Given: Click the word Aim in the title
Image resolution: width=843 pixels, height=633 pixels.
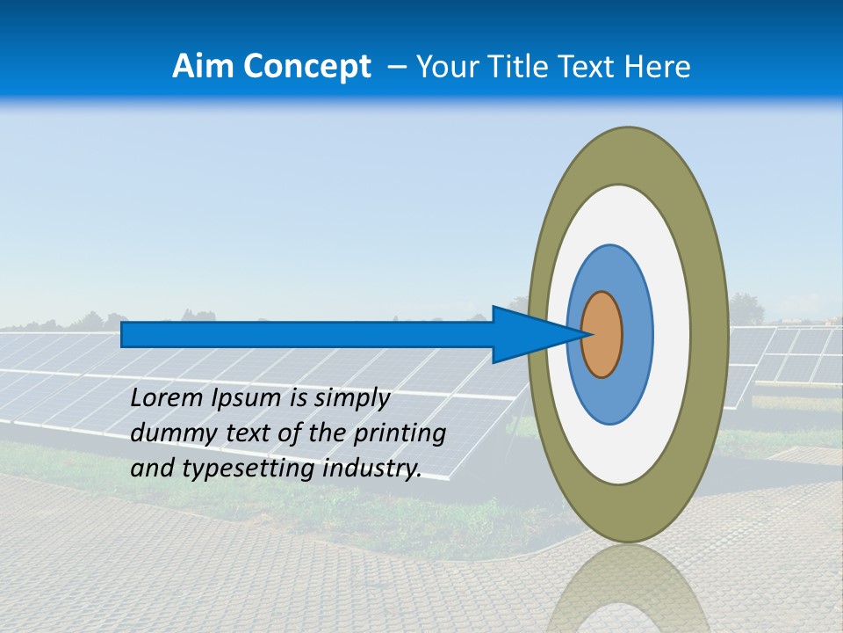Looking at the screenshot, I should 205,67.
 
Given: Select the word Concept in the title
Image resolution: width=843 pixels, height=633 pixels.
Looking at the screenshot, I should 307,67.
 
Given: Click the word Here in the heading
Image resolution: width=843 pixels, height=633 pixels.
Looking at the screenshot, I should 657,67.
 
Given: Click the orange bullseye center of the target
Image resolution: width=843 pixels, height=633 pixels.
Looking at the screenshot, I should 602,335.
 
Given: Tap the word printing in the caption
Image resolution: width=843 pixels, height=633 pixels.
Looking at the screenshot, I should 407,434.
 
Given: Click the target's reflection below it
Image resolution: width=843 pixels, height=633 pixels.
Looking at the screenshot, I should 627,589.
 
